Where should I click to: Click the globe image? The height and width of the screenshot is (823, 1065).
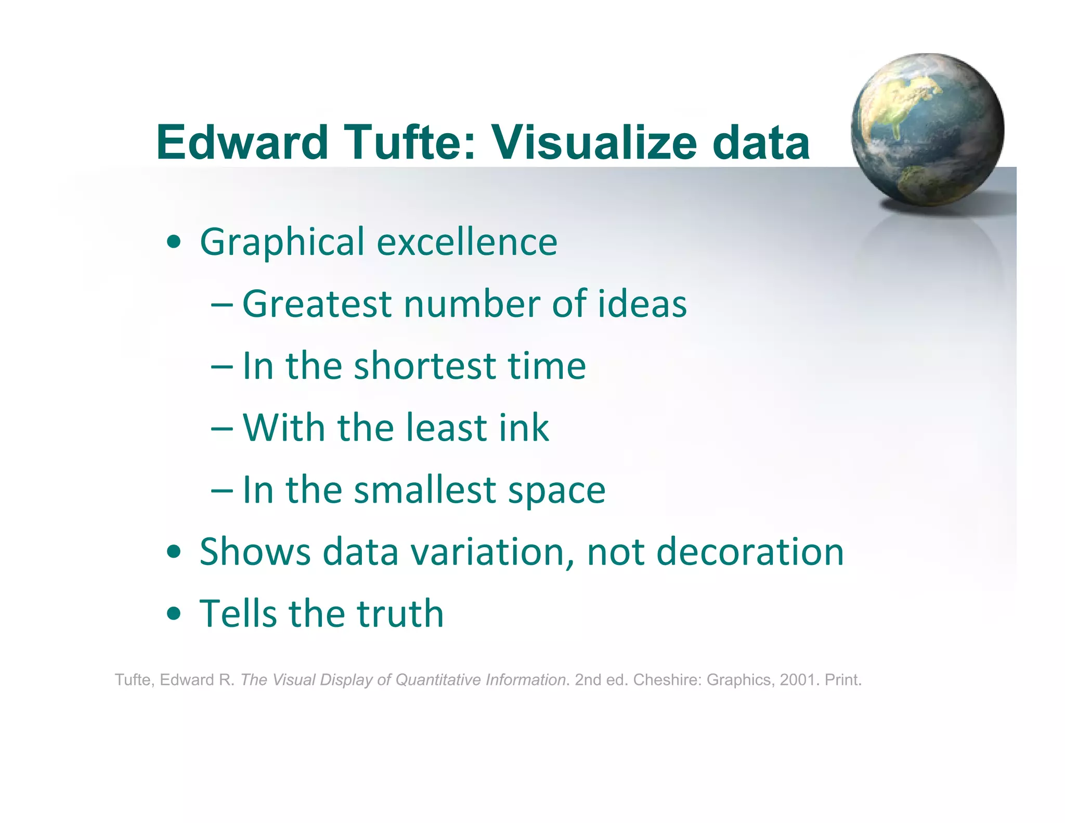pyautogui.click(x=927, y=130)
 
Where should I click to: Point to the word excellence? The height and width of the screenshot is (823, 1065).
pyautogui.click(x=467, y=242)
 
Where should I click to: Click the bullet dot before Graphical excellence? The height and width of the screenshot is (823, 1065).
pyautogui.click(x=174, y=242)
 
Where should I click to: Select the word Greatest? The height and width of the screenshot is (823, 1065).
pyautogui.click(x=317, y=304)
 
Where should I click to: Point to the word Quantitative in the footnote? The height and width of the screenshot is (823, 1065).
pyautogui.click(x=438, y=679)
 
